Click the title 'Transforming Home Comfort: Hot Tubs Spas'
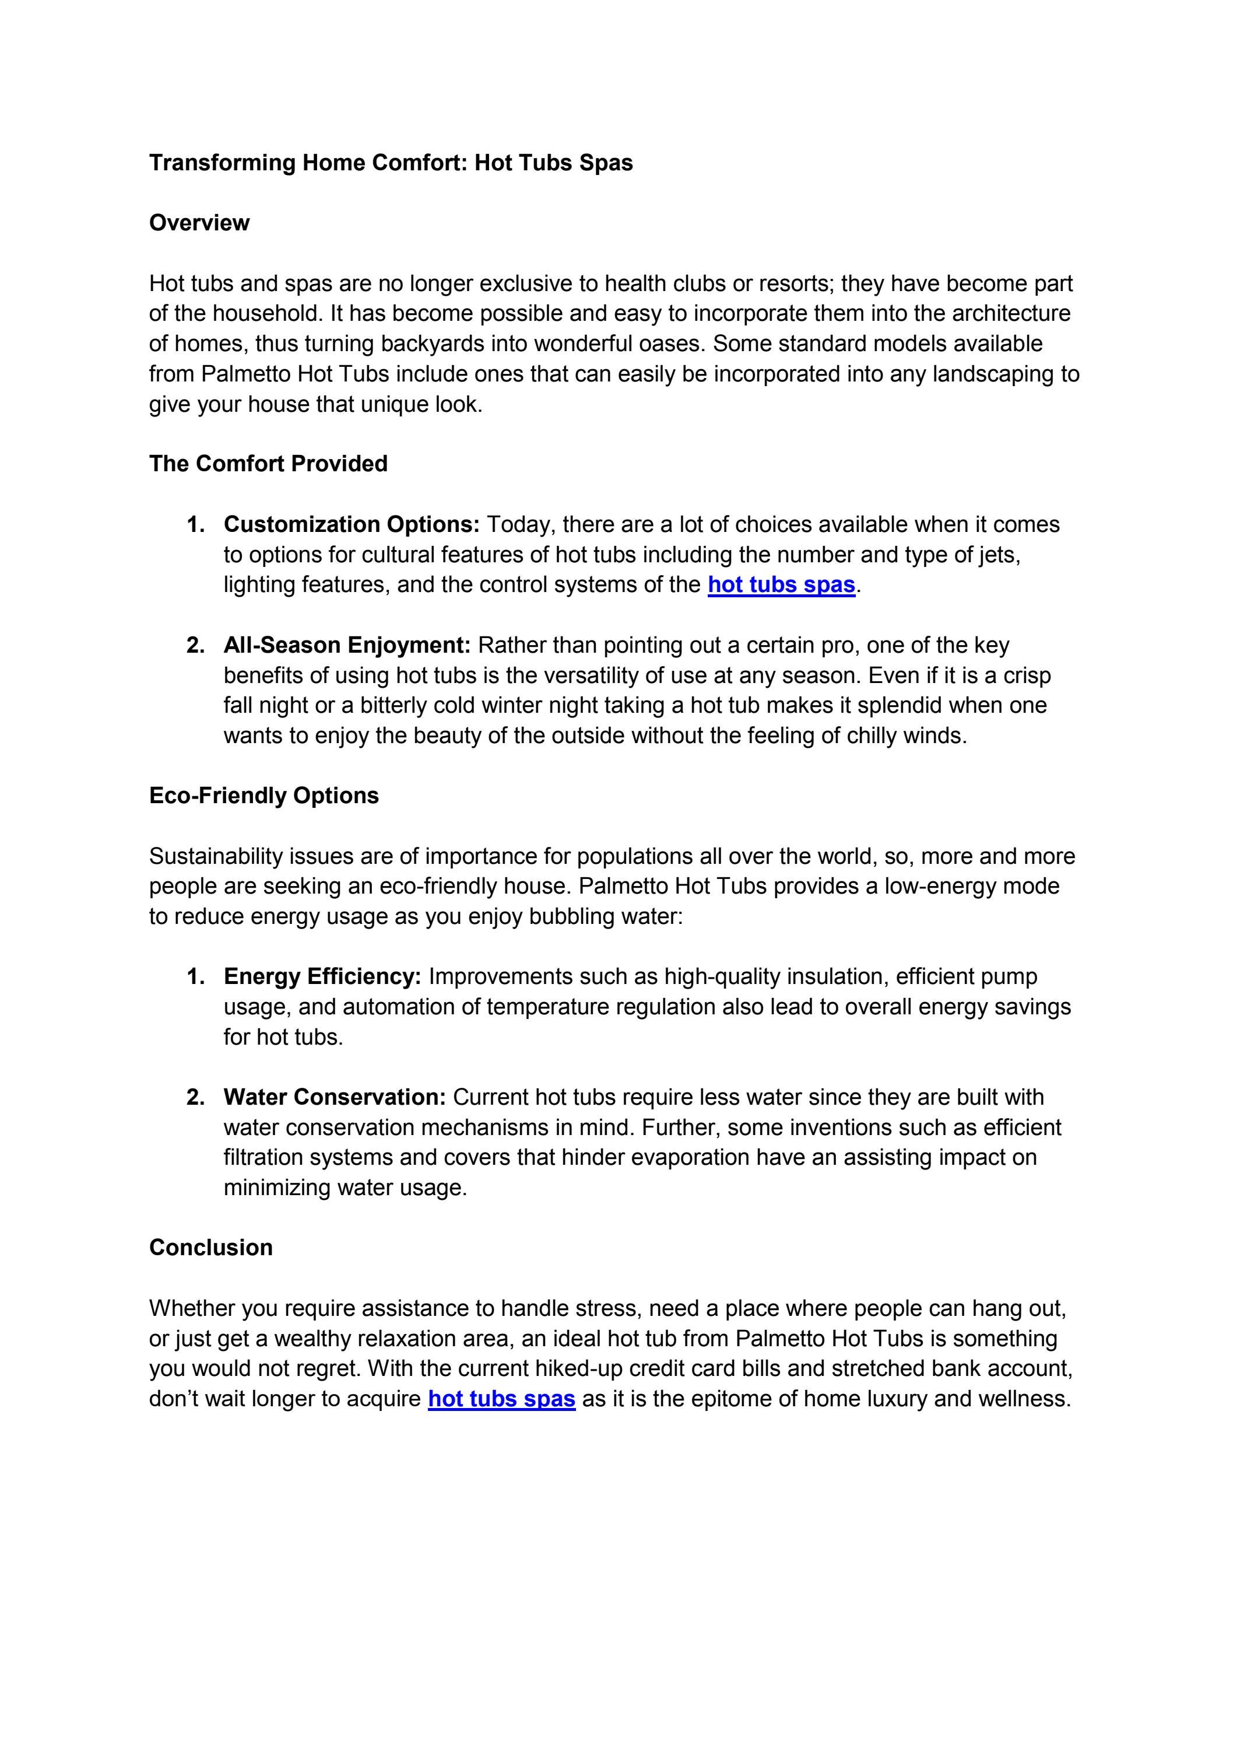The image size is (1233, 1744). pyautogui.click(x=391, y=163)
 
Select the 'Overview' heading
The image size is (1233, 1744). pyautogui.click(x=199, y=223)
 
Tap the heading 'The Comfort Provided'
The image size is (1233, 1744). pyautogui.click(x=268, y=463)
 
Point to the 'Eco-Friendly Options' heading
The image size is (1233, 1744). pyautogui.click(x=264, y=795)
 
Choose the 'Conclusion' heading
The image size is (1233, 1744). pyautogui.click(x=210, y=1247)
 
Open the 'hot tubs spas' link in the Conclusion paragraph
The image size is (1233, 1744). pyautogui.click(x=501, y=1398)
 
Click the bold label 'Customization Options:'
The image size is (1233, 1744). pyautogui.click(x=352, y=524)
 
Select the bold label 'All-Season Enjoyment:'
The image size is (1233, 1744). pyautogui.click(x=347, y=645)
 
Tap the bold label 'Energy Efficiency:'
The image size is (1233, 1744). pyautogui.click(x=322, y=976)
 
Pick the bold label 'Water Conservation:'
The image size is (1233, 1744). pyautogui.click(x=334, y=1097)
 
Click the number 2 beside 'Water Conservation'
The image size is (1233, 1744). pyautogui.click(x=195, y=1097)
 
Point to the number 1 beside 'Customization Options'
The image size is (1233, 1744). pyautogui.click(x=195, y=524)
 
